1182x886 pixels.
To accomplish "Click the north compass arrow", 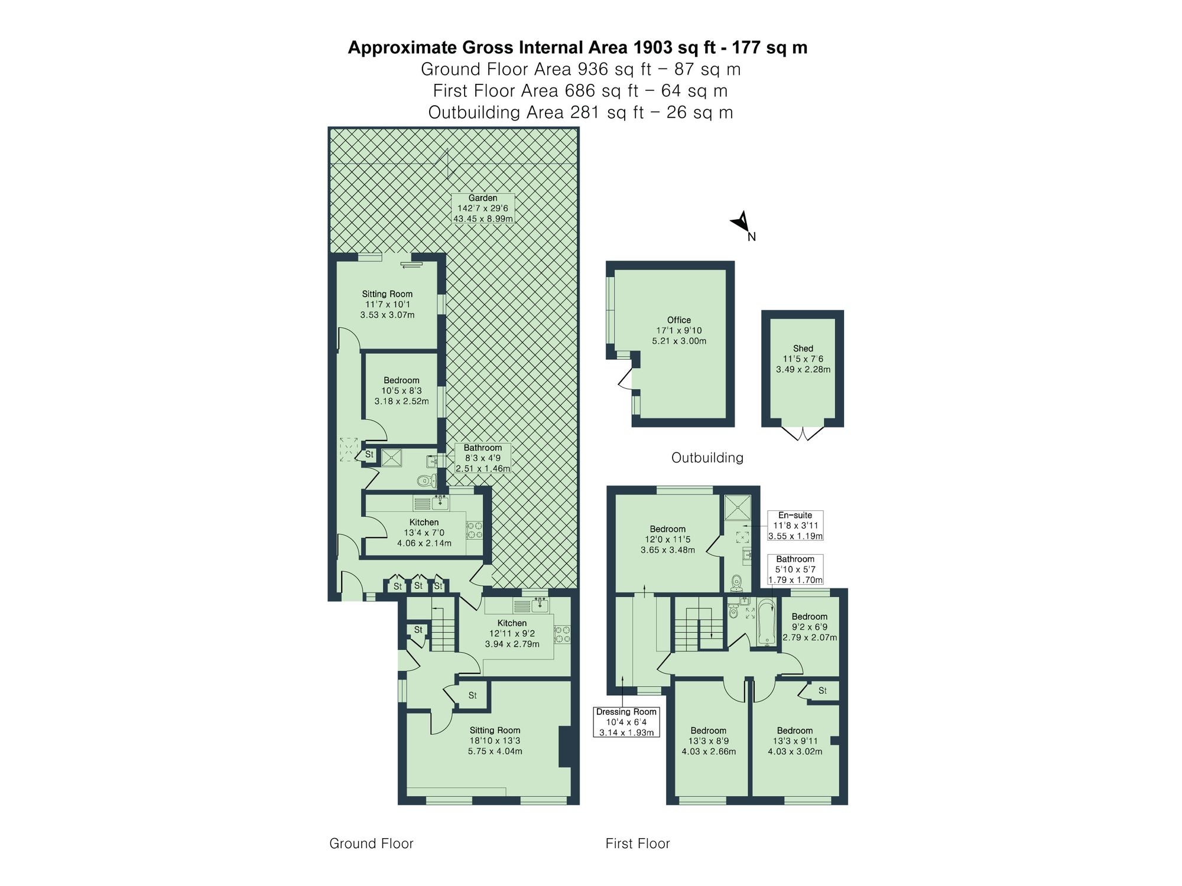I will pyautogui.click(x=742, y=223).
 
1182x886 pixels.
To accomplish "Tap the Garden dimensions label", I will pyautogui.click(x=483, y=209).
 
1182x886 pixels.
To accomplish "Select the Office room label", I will pyautogui.click(x=679, y=330).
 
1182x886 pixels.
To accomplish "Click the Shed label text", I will pyautogui.click(x=803, y=348).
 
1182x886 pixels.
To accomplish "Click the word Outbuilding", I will pyautogui.click(x=707, y=458).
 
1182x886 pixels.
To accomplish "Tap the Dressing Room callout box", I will pyautogui.click(x=626, y=722).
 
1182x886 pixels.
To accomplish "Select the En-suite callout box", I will pyautogui.click(x=795, y=526).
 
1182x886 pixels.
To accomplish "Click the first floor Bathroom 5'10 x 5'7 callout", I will pyautogui.click(x=795, y=569).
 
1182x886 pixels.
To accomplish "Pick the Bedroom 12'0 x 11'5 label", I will pyautogui.click(x=668, y=539).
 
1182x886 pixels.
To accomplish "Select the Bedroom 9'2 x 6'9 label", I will pyautogui.click(x=809, y=627).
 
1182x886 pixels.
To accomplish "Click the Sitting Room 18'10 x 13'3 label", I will pyautogui.click(x=495, y=741).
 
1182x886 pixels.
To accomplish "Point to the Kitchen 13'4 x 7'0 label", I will pyautogui.click(x=424, y=533).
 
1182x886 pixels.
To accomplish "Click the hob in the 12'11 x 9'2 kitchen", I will pyautogui.click(x=562, y=634).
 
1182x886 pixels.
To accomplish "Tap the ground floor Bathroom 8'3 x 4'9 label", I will pyautogui.click(x=482, y=458).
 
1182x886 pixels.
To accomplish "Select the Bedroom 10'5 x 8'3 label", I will pyautogui.click(x=401, y=390).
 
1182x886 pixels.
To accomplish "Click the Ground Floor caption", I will pyautogui.click(x=371, y=843).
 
